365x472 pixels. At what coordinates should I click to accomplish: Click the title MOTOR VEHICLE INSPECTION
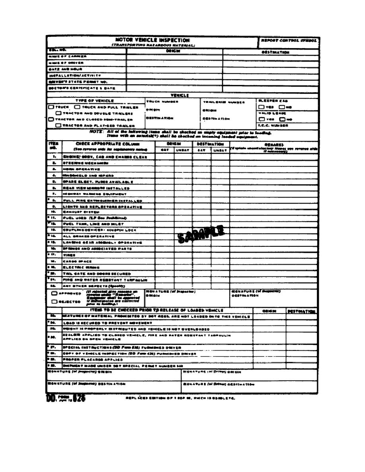point(153,41)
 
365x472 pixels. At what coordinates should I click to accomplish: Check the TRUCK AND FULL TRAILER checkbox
point(77,107)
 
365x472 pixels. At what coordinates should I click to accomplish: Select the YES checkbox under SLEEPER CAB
point(261,107)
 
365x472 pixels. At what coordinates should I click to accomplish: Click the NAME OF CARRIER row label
point(63,56)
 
